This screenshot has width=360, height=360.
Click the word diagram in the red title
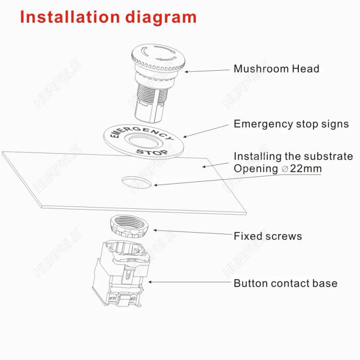(x=161, y=17)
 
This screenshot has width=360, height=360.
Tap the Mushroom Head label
(x=276, y=69)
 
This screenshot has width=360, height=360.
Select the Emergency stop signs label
(x=291, y=124)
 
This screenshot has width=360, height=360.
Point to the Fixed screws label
(x=268, y=236)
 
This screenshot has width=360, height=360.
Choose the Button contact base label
(x=285, y=283)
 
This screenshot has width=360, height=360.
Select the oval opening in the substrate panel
(x=136, y=181)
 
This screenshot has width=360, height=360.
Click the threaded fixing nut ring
(x=130, y=226)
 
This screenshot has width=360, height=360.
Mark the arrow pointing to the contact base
(x=189, y=283)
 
